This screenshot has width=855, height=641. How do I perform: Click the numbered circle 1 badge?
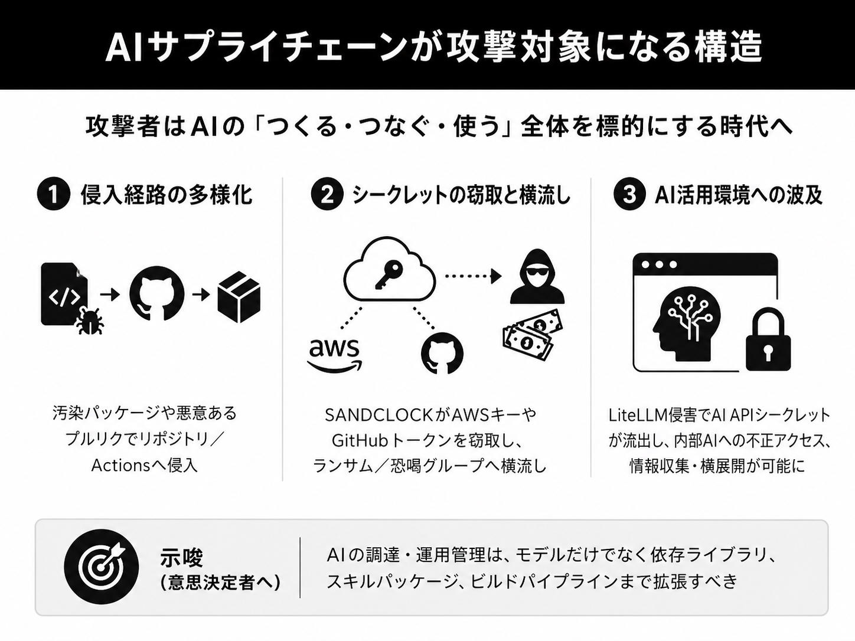pyautogui.click(x=53, y=194)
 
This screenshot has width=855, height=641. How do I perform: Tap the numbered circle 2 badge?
pyautogui.click(x=327, y=194)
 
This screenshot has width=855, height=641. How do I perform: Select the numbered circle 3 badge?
pyautogui.click(x=630, y=194)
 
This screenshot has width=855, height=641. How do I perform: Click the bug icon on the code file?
pyautogui.click(x=90, y=320)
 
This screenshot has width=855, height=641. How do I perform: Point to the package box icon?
pyautogui.click(x=239, y=297)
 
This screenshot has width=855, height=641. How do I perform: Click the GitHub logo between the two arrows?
pyautogui.click(x=156, y=293)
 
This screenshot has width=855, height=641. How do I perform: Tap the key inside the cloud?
pyautogui.click(x=389, y=275)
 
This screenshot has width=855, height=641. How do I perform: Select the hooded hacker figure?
pyautogui.click(x=537, y=276)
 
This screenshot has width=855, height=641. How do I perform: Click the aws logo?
pyautogui.click(x=334, y=354)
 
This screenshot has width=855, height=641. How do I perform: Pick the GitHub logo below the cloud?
pyautogui.click(x=442, y=353)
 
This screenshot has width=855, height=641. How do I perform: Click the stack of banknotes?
pyautogui.click(x=532, y=334)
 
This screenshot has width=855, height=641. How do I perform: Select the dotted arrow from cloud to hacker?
pyautogui.click(x=474, y=276)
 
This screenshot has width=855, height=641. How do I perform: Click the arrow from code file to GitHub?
pyautogui.click(x=110, y=295)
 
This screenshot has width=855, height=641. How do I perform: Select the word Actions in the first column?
pyautogui.click(x=120, y=466)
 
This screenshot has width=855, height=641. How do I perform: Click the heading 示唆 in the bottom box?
pyautogui.click(x=181, y=557)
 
